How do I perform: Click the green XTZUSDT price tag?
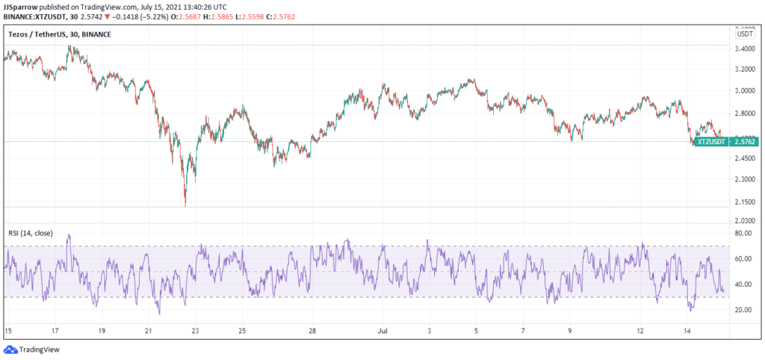pyautogui.click(x=710, y=141)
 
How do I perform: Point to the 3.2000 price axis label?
pyautogui.click(x=744, y=69)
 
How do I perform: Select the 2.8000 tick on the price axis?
pyautogui.click(x=744, y=113)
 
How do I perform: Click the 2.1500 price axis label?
pyautogui.click(x=744, y=202)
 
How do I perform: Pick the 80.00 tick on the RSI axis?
pyautogui.click(x=743, y=234)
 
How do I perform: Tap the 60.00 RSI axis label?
pyautogui.click(x=743, y=259)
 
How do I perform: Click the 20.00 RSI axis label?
pyautogui.click(x=743, y=310)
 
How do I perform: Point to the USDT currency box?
pyautogui.click(x=744, y=34)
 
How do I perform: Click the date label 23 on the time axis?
pyautogui.click(x=194, y=329)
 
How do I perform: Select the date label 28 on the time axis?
pyautogui.click(x=312, y=329)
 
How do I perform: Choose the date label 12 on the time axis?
pyautogui.click(x=640, y=329)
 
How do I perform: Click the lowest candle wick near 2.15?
pyautogui.click(x=185, y=205)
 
